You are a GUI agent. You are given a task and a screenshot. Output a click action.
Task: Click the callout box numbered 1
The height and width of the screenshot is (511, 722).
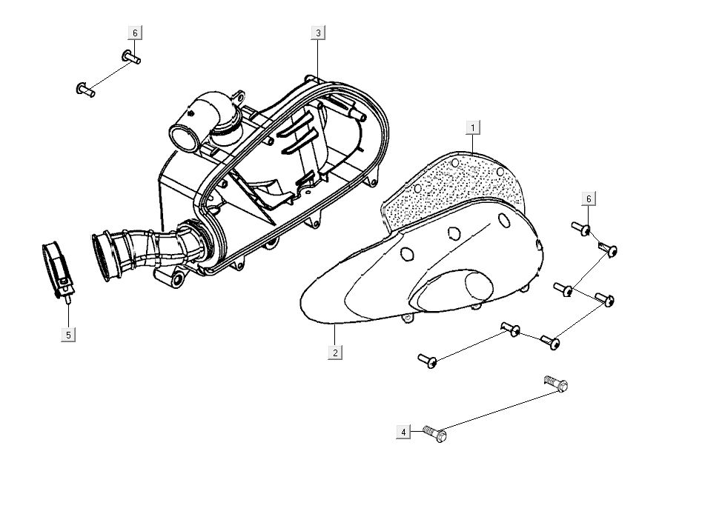[x=473, y=127]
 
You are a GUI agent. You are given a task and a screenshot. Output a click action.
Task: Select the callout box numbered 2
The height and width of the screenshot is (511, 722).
[x=335, y=353]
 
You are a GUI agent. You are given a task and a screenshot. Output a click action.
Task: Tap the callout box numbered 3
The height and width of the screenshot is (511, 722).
[x=318, y=33]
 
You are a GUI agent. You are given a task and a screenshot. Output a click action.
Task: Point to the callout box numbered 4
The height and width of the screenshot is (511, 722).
[x=403, y=432]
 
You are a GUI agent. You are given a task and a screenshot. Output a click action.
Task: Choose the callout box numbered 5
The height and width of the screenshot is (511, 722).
[x=68, y=335]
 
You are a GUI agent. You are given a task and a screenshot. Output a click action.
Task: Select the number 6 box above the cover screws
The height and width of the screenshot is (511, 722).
[x=589, y=198]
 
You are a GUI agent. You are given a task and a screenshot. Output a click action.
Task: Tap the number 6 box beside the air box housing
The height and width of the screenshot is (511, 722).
[x=134, y=33]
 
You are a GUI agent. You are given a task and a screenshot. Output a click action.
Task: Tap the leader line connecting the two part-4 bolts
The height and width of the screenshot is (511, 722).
[x=497, y=409]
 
